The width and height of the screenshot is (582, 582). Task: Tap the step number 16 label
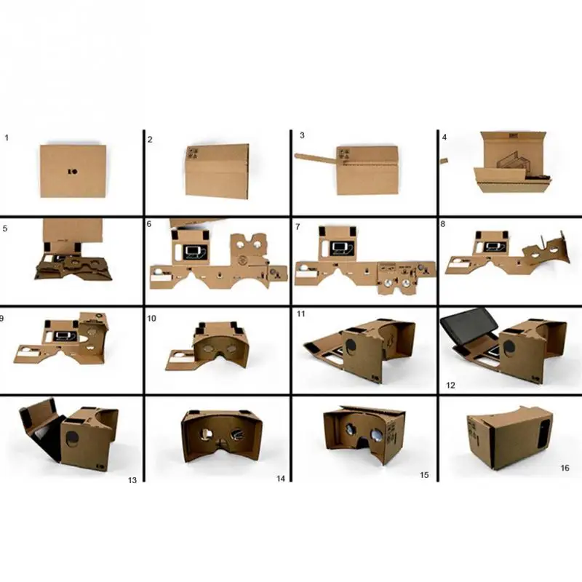[x=564, y=468]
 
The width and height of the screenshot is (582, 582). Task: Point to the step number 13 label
[x=132, y=480]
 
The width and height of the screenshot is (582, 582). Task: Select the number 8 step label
[x=442, y=224]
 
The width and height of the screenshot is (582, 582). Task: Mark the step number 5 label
[x=5, y=226]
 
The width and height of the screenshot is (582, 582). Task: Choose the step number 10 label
[x=151, y=318]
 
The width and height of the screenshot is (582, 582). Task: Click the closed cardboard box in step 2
[x=218, y=170]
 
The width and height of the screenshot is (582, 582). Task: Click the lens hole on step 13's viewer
[x=72, y=438]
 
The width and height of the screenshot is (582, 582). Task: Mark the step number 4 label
[x=443, y=137]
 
